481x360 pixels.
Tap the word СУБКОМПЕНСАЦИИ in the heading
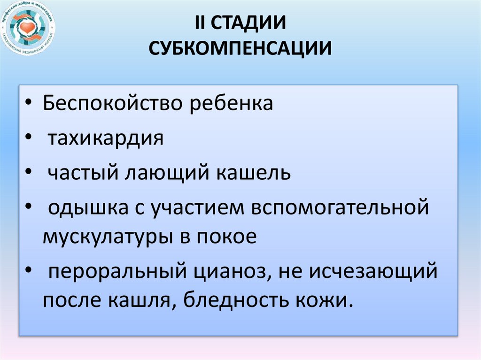pos(240,48)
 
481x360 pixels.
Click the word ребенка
pos(231,103)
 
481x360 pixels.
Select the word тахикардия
pos(106,138)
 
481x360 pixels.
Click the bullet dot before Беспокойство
pos(30,104)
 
